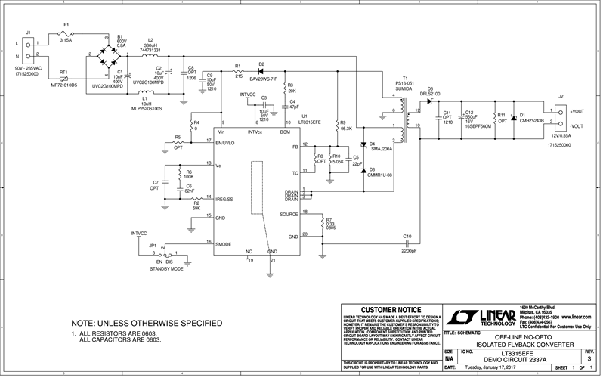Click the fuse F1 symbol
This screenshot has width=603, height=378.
pos(66,36)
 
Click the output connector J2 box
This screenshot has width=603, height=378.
pos(561,114)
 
